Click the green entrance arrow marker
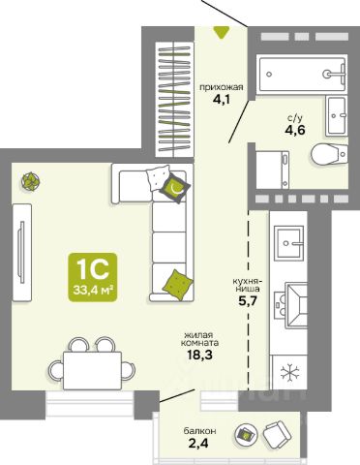click(222, 33)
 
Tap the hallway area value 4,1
click(222, 99)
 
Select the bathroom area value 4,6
click(295, 130)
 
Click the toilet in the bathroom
click(330, 154)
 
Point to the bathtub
click(302, 75)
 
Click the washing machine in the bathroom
click(272, 170)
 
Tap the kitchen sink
click(288, 243)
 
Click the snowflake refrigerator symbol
click(289, 372)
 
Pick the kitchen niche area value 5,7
click(247, 301)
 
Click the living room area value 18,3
click(199, 355)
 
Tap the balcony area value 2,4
click(198, 443)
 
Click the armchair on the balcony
click(277, 434)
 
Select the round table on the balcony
click(246, 434)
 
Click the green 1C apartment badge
click(93, 277)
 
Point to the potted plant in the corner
click(31, 181)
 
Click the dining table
click(92, 370)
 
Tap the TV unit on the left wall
click(22, 253)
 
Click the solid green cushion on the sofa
click(177, 285)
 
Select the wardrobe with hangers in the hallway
click(174, 100)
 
